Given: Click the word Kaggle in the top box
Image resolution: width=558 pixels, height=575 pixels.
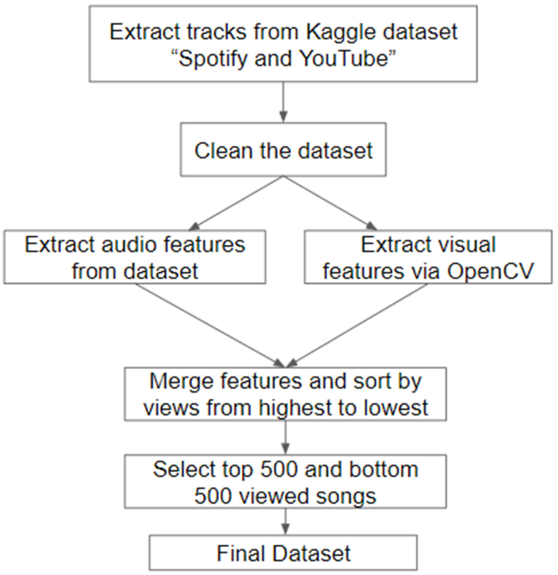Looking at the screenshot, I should click(340, 32).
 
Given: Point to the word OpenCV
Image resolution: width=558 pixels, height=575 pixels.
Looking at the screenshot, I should click(490, 271).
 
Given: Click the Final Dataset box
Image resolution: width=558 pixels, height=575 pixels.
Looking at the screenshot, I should click(283, 553).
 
